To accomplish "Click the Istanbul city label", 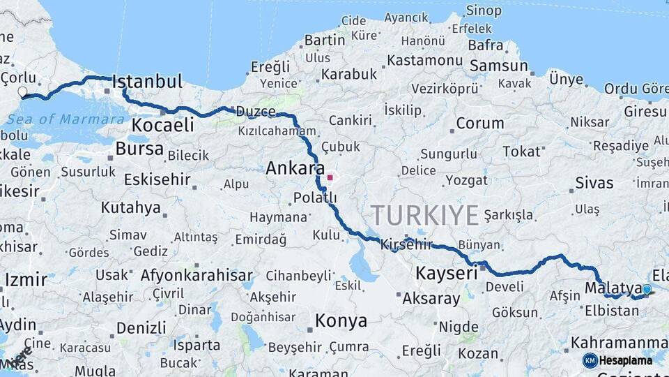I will click(147, 81).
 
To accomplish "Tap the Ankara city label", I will click(295, 168).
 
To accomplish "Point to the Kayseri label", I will click(447, 272).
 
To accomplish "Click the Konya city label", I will click(341, 321).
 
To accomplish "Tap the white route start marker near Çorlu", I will click(22, 91).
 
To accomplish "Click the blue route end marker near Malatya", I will click(647, 289).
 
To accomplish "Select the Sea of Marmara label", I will click(66, 119).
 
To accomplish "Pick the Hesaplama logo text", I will click(626, 360).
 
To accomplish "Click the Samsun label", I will click(499, 66).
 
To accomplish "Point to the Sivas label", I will click(594, 184).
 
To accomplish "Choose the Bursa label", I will click(139, 148).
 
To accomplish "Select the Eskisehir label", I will click(157, 179).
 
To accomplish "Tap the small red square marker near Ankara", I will click(330, 177).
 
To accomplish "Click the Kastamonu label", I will click(424, 60).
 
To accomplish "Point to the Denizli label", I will click(141, 327).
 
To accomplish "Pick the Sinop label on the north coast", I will click(483, 10).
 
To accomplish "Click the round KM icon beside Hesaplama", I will click(590, 360).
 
